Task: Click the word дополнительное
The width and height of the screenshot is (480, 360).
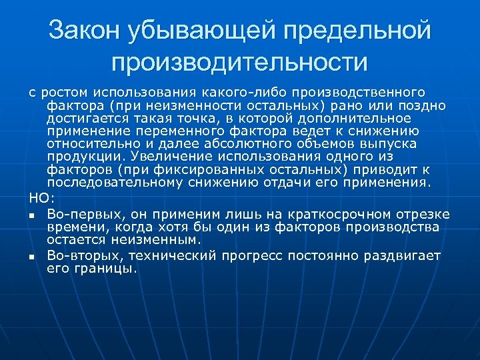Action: coord(370,119)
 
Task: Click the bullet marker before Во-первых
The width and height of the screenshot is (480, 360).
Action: coord(31,215)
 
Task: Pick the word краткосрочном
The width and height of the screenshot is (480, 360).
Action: coord(339,214)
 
